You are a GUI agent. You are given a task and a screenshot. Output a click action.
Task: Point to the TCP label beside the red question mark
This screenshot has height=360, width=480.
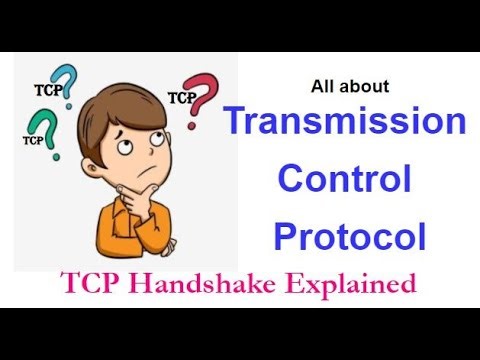click(x=181, y=99)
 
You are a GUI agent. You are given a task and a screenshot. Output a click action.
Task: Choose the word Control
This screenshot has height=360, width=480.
click(x=344, y=180)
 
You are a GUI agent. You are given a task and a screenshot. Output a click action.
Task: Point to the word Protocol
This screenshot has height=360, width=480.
click(x=350, y=237)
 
